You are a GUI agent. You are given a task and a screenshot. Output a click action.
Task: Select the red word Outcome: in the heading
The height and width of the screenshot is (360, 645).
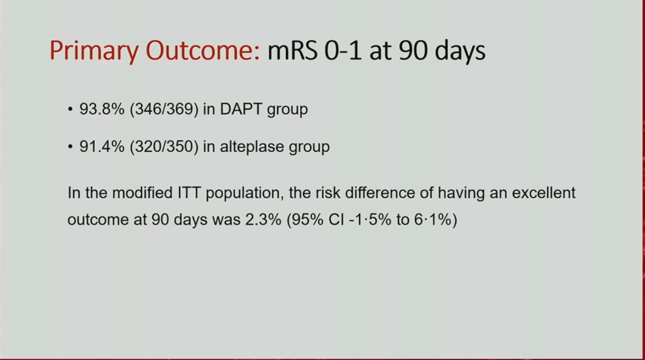(203, 50)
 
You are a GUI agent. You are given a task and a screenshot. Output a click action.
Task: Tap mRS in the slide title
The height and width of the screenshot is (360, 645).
(293, 50)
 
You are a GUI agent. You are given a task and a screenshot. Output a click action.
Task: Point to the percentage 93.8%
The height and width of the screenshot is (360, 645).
(102, 109)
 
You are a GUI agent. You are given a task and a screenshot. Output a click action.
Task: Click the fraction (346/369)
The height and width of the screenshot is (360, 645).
(164, 109)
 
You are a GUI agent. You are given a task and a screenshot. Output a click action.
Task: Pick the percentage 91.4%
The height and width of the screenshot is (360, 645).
(102, 147)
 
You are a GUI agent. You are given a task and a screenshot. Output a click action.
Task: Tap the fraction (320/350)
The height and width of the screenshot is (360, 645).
(164, 147)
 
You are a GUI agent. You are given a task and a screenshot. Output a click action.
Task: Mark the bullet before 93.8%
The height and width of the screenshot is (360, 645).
(71, 109)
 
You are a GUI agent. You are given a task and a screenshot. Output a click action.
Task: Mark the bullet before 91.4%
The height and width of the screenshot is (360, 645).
(71, 147)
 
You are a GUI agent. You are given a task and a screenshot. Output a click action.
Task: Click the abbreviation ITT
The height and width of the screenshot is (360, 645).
(189, 193)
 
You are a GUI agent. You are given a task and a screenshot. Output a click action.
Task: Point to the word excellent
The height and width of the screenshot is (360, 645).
(543, 193)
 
